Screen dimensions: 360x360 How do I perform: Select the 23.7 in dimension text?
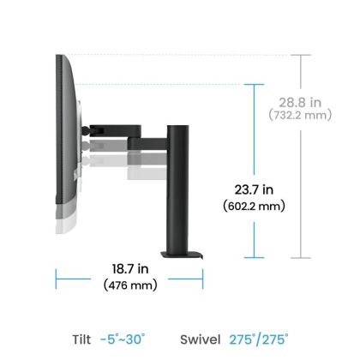pos(255,189)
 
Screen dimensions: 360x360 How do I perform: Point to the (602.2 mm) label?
pos(255,206)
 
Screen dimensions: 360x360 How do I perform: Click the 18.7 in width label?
pos(129,267)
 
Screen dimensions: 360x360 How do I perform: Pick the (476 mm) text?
pos(129,285)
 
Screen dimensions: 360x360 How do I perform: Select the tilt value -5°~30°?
pos(122,339)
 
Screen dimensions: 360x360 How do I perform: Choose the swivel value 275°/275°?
pos(259,339)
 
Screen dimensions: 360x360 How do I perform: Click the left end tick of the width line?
pos(57,276)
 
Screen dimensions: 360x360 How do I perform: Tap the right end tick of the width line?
pos(203,276)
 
